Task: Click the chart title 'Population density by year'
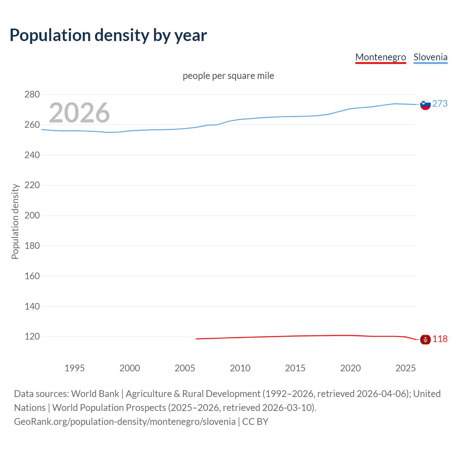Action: [x=108, y=35]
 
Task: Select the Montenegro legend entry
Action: [x=381, y=57]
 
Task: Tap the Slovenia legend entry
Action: [x=430, y=57]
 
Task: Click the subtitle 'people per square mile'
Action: [x=228, y=76]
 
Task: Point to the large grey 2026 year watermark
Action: [x=79, y=113]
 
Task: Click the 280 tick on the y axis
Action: [x=32, y=95]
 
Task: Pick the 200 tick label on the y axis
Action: [x=32, y=216]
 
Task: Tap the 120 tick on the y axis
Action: [x=32, y=337]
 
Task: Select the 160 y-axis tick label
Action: [x=32, y=276]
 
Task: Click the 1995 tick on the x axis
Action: [x=75, y=368]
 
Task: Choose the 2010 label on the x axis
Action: [x=240, y=368]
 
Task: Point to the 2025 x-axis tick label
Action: [x=406, y=368]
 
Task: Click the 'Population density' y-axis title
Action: [x=15, y=221]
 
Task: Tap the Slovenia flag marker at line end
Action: [x=425, y=105]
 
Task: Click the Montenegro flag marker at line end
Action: [x=425, y=339]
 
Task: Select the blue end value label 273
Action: [x=440, y=104]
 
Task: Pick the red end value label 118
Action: [x=440, y=339]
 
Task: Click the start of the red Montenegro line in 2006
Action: [x=196, y=339]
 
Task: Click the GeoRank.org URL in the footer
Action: [x=125, y=422]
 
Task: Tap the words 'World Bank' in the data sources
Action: [x=95, y=394]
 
